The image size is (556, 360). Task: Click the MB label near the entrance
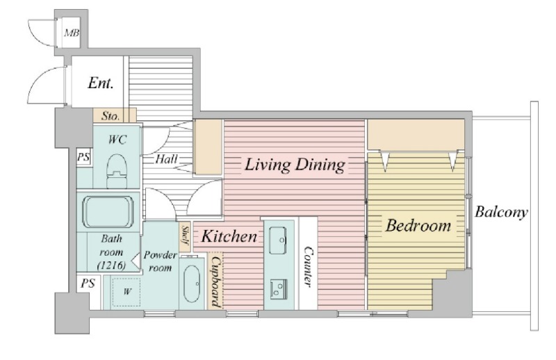pyautogui.click(x=72, y=33)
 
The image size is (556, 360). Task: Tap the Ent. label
pyautogui.click(x=101, y=83)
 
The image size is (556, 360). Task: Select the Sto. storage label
pyautogui.click(x=111, y=116)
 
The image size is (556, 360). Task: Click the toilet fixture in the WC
pyautogui.click(x=117, y=171)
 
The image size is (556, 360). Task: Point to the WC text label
pyautogui.click(x=117, y=140)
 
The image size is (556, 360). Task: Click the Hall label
pyautogui.click(x=166, y=159)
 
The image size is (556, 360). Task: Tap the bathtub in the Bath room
pyautogui.click(x=108, y=212)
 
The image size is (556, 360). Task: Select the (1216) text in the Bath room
pyautogui.click(x=111, y=265)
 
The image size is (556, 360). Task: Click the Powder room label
pyautogui.click(x=160, y=261)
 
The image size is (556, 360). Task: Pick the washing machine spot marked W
pyautogui.click(x=126, y=292)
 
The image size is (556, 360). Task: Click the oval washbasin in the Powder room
pyautogui.click(x=192, y=284)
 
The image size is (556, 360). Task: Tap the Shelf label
pyautogui.click(x=185, y=235)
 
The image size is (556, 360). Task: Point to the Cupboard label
pyautogui.click(x=216, y=281)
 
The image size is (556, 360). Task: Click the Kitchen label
pyautogui.click(x=229, y=236)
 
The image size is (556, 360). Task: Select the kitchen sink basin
pyautogui.click(x=277, y=240)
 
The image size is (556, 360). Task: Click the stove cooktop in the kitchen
pyautogui.click(x=279, y=289)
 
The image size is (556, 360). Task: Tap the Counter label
pyautogui.click(x=308, y=267)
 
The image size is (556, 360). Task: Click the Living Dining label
pyautogui.click(x=295, y=165)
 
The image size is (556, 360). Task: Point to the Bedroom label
pyautogui.click(x=418, y=226)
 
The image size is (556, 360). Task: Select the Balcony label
pyautogui.click(x=501, y=212)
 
